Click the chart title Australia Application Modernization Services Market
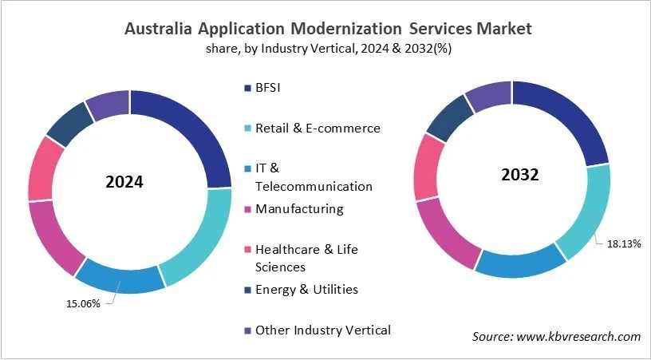click(x=327, y=29)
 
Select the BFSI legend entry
click(x=267, y=87)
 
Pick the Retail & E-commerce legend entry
click(x=317, y=128)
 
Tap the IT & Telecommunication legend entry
click(x=313, y=177)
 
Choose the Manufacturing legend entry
click(x=298, y=209)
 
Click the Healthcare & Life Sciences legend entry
click(x=306, y=258)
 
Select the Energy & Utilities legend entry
click(x=306, y=289)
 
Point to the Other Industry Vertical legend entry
click(x=322, y=330)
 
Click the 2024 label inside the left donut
click(x=124, y=181)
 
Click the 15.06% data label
click(x=83, y=303)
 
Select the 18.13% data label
click(x=625, y=243)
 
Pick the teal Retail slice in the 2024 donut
click(x=192, y=239)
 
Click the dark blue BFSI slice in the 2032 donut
click(x=572, y=120)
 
